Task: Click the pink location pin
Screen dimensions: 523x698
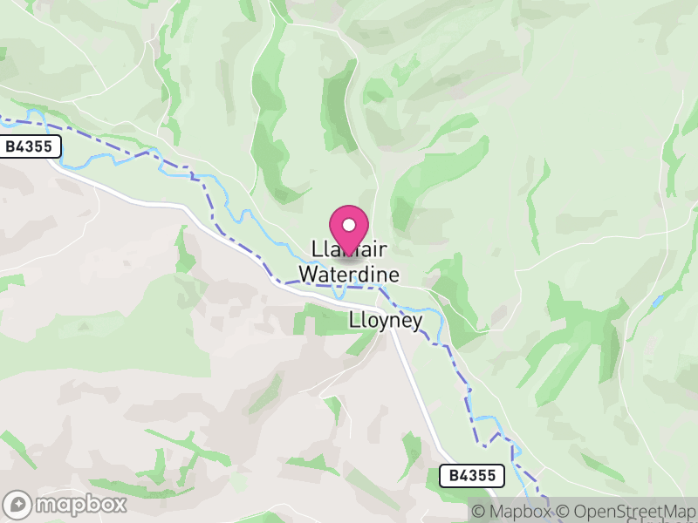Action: pos(349,228)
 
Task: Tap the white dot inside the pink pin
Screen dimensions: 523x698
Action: pos(349,225)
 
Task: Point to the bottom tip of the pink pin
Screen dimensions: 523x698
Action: pos(349,254)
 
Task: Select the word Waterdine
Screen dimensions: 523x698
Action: pos(349,275)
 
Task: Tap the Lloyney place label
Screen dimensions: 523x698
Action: pos(385,321)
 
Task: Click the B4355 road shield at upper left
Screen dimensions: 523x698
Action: pos(31,147)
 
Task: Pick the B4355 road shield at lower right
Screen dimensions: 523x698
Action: pos(470,475)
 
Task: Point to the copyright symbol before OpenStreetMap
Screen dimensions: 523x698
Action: pos(565,512)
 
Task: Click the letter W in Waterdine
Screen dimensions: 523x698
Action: pos(307,275)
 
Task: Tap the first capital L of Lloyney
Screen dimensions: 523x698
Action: pos(352,320)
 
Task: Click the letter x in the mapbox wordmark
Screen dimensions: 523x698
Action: pos(120,504)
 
